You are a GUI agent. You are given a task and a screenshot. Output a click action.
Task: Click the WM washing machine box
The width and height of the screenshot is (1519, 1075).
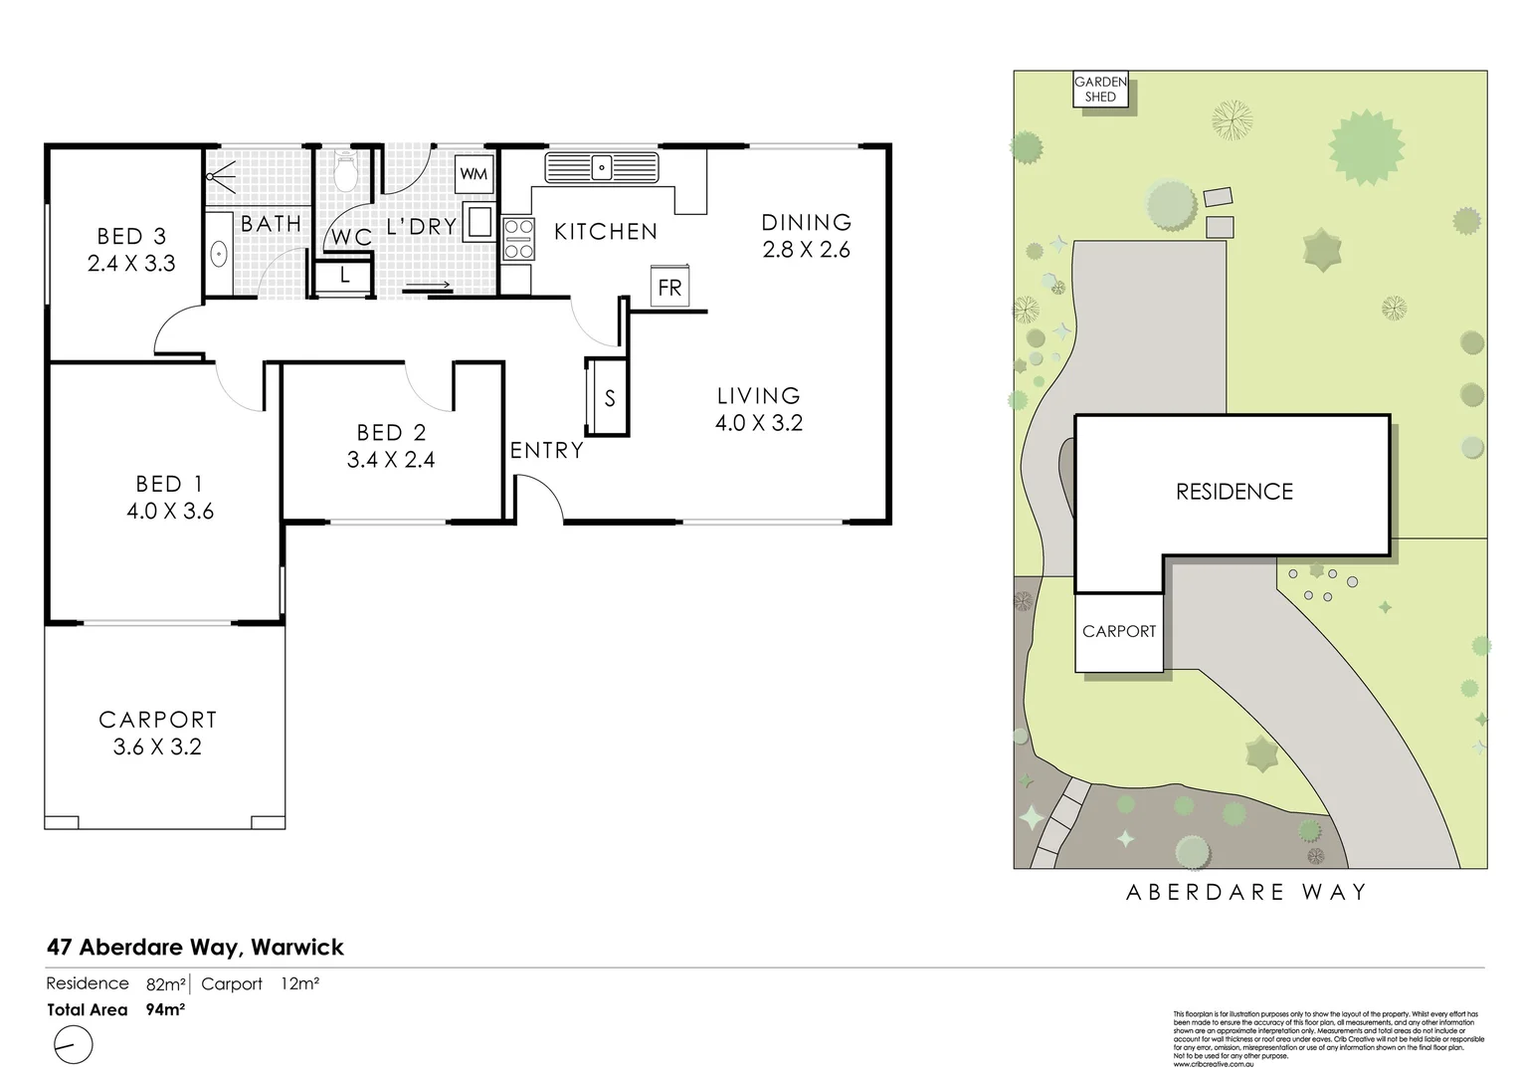pos(475,174)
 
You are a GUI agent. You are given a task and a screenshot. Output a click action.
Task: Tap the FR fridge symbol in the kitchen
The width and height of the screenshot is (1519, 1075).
pos(669,288)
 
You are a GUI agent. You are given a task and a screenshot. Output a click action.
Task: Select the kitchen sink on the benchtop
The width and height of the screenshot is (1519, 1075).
pos(602,167)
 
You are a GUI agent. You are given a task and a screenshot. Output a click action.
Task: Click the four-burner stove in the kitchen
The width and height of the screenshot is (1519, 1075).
pos(518,239)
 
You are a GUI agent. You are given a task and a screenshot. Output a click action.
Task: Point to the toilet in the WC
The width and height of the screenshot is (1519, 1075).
pos(345,171)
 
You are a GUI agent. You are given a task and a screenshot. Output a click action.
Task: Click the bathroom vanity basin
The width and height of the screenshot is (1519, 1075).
pos(219,254)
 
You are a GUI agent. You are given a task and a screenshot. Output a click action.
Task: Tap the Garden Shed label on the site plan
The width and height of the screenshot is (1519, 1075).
pos(1100,90)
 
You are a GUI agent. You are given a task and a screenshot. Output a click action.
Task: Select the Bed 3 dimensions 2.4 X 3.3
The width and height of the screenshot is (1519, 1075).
pos(131,264)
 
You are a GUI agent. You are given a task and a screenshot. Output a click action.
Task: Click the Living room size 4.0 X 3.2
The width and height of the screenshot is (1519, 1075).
pos(758,423)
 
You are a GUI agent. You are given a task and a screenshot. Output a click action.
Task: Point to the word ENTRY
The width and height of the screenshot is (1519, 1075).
pos(546,450)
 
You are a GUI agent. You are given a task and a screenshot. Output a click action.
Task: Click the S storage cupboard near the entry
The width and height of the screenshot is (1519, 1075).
pos(609,397)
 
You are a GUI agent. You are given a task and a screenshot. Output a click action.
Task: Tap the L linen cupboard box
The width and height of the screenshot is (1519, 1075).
pos(344,276)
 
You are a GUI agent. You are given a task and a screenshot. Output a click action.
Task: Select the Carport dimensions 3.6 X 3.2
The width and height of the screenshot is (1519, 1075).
pos(157,747)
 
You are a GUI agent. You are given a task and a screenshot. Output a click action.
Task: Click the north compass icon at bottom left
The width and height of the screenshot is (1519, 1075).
pos(72,1045)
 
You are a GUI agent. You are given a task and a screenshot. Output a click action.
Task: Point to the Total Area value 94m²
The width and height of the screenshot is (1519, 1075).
pos(165,1009)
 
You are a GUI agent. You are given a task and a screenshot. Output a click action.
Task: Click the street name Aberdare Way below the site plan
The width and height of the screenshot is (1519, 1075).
pos(1246,892)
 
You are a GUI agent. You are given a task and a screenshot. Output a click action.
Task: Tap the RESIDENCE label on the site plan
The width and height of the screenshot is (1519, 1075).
pos(1234,492)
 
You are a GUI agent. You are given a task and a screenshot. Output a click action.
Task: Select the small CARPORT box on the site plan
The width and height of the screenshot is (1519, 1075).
pos(1119,631)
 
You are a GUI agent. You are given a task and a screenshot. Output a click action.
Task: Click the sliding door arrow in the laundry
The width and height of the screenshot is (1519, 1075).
pos(429,287)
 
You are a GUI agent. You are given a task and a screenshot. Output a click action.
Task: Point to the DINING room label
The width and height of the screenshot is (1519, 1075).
pos(806,222)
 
